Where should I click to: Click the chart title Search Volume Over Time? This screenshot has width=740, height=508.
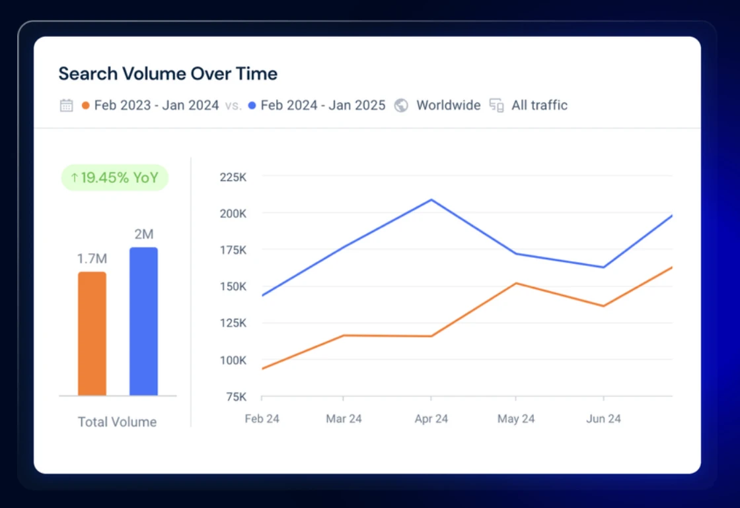(x=168, y=73)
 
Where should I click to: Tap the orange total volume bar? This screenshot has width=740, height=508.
(x=92, y=334)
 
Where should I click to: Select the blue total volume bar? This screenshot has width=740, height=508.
(x=143, y=321)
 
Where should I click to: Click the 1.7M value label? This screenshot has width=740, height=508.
(x=92, y=259)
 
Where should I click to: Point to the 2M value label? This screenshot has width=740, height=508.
(x=144, y=234)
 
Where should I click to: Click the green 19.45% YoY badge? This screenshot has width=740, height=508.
(x=115, y=177)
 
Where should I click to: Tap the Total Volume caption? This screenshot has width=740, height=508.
(x=117, y=422)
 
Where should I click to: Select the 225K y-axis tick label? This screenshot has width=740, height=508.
(x=233, y=177)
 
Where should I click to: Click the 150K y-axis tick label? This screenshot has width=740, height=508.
(x=233, y=286)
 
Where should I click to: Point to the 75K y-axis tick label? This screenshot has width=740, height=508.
(x=236, y=397)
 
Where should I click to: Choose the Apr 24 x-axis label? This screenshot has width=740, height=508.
(x=431, y=418)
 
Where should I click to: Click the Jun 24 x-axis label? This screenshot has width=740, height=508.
(x=603, y=418)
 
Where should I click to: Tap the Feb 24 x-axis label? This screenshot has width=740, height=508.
(x=262, y=418)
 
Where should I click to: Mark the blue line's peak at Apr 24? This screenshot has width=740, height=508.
(x=431, y=200)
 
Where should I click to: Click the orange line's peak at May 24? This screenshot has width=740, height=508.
(x=516, y=283)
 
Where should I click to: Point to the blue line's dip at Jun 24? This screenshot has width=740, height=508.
(x=603, y=267)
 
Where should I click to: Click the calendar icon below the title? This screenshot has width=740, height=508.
(x=67, y=105)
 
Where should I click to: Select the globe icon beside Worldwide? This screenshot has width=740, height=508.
(x=401, y=105)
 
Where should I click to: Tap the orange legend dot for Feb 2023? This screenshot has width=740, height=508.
(x=85, y=105)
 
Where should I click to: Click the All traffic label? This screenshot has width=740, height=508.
(x=539, y=105)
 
